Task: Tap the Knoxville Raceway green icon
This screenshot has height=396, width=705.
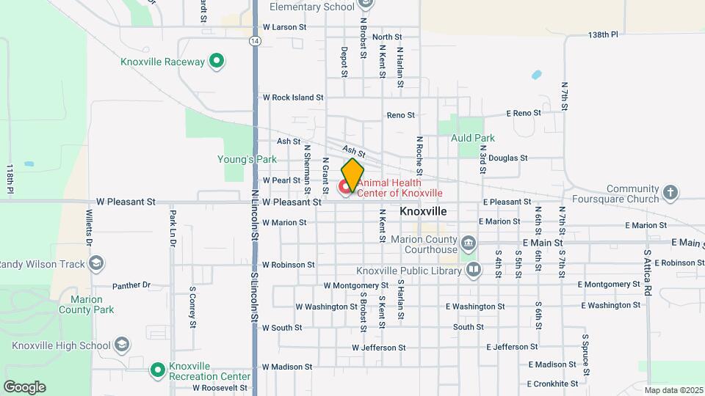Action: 216,62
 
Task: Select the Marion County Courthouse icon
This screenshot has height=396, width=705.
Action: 469,243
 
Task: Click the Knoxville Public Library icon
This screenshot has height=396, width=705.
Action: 474,271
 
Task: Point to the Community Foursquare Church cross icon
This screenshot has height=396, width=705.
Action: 669,193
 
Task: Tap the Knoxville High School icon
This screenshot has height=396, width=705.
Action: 121,345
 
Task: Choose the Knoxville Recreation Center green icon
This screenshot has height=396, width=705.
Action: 157,370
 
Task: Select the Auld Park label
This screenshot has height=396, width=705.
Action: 473,138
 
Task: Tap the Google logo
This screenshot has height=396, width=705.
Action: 24,387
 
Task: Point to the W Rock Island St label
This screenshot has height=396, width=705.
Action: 293,97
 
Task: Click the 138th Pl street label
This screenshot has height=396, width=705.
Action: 603,34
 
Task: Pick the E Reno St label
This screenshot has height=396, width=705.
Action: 524,113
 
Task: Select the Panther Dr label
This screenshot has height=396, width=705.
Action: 131,285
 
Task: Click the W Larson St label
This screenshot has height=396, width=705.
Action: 283,26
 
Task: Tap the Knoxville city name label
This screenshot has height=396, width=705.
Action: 423,210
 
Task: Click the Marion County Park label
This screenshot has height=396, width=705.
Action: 93,304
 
